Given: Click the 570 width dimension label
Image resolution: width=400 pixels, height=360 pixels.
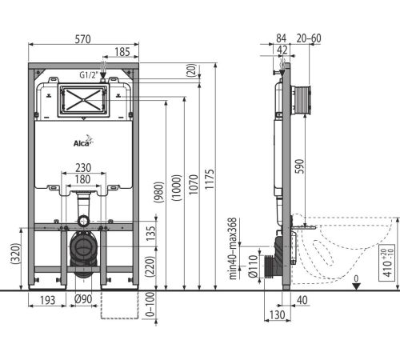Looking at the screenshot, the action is [x=82, y=39].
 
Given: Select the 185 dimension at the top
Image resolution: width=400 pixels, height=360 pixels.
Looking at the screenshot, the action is [x=122, y=52].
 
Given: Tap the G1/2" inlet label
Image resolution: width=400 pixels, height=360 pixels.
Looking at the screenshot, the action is [x=89, y=75].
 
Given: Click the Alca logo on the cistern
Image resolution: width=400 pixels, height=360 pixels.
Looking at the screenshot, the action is [x=83, y=142].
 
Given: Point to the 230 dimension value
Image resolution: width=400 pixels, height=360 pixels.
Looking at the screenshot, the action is [x=83, y=168].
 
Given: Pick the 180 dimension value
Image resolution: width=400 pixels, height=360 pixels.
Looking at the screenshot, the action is [x=82, y=179].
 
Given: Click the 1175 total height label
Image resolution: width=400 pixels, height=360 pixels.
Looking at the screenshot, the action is [x=210, y=179].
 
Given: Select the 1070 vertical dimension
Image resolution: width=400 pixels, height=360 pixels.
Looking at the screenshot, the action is [x=194, y=184].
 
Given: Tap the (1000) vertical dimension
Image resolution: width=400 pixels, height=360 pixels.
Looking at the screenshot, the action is [x=177, y=188].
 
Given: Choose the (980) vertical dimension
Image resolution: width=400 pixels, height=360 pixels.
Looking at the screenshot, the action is [x=159, y=192].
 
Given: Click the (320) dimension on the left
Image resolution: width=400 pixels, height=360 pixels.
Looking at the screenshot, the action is [x=16, y=254].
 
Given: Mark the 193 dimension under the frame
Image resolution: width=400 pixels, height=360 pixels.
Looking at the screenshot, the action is [x=47, y=300].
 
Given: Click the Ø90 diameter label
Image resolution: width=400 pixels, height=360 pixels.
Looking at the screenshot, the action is [x=83, y=299].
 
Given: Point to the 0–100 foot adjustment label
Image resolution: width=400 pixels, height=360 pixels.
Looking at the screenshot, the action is [x=150, y=304].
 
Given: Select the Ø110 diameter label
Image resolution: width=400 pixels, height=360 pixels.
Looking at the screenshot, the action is [x=254, y=266].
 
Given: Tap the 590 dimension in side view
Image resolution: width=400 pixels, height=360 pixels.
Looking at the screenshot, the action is [x=299, y=166].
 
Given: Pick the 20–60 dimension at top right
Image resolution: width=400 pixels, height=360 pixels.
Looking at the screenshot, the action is [x=309, y=38].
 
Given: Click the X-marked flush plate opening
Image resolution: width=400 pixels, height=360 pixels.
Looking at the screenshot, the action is [x=83, y=100].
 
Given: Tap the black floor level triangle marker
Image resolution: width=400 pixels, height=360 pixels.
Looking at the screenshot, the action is [x=356, y=286].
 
